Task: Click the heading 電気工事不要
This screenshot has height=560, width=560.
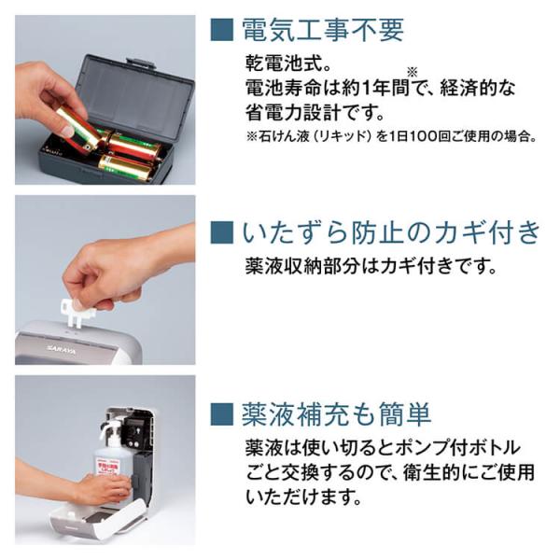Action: [x=323, y=30]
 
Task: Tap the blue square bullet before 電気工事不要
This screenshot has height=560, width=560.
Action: [x=222, y=30]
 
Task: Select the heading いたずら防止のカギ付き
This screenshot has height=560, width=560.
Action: [x=391, y=232]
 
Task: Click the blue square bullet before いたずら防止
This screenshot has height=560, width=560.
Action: [x=222, y=232]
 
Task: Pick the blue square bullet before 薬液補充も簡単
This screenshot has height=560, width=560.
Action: [x=222, y=414]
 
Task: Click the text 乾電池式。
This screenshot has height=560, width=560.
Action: [x=288, y=63]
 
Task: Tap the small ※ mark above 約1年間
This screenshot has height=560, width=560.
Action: [x=413, y=73]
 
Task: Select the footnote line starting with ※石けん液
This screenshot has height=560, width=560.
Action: [x=391, y=136]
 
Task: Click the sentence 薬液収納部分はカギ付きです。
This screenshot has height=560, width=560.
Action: [x=371, y=266]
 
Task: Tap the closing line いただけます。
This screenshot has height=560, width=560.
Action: [x=303, y=497]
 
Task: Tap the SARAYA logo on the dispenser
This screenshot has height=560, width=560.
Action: [x=61, y=349]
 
